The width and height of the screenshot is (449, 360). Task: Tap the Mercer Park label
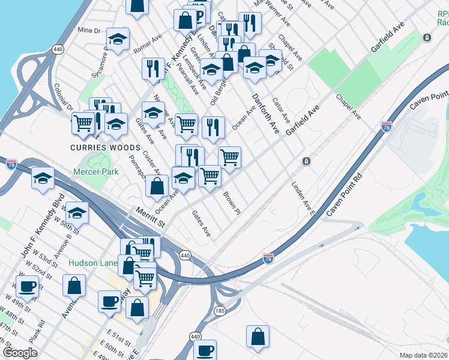click(95, 172)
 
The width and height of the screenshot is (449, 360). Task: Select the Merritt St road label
click(150, 216)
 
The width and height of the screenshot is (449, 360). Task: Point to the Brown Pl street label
click(232, 203)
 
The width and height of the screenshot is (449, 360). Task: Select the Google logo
click(20, 353)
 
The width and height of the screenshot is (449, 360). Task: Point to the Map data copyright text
click(423, 355)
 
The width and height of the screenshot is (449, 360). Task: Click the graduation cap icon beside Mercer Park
click(43, 178)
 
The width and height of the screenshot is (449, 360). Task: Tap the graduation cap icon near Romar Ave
click(118, 39)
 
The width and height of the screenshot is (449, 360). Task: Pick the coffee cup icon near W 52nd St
click(27, 286)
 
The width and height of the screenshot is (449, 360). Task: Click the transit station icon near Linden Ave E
click(306, 161)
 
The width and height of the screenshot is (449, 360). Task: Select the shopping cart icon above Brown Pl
click(229, 157)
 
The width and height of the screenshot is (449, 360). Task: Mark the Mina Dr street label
click(89, 30)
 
